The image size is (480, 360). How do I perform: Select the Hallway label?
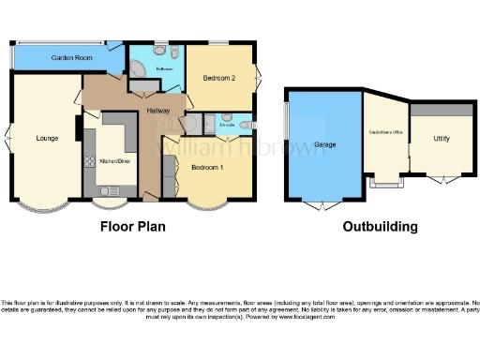(157, 112)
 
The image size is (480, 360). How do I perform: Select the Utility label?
(441, 139)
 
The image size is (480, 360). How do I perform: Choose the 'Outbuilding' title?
(380, 227)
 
